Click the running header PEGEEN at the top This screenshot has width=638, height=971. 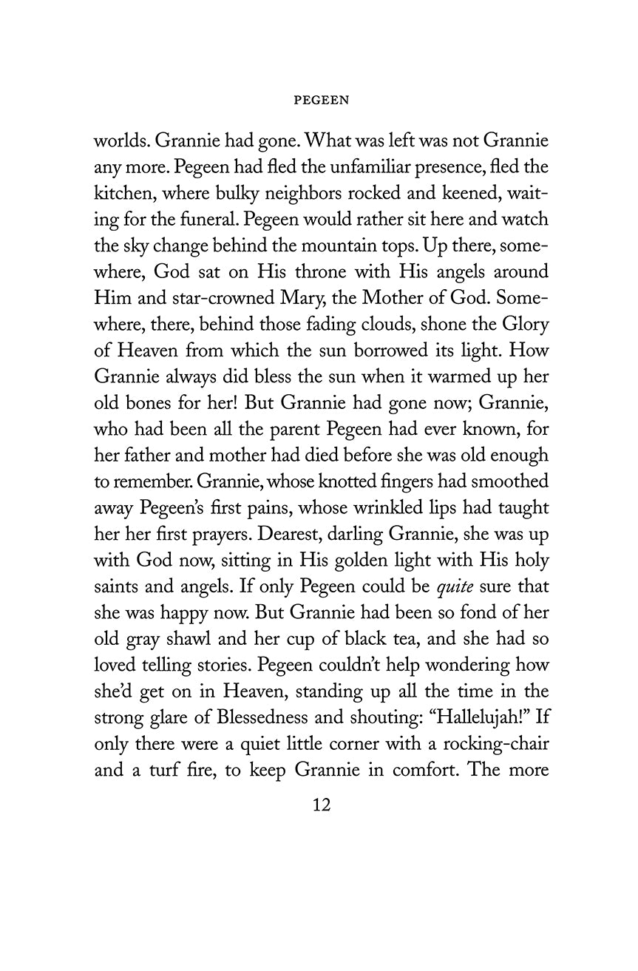click(x=321, y=102)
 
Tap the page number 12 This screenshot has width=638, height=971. click(x=321, y=803)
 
